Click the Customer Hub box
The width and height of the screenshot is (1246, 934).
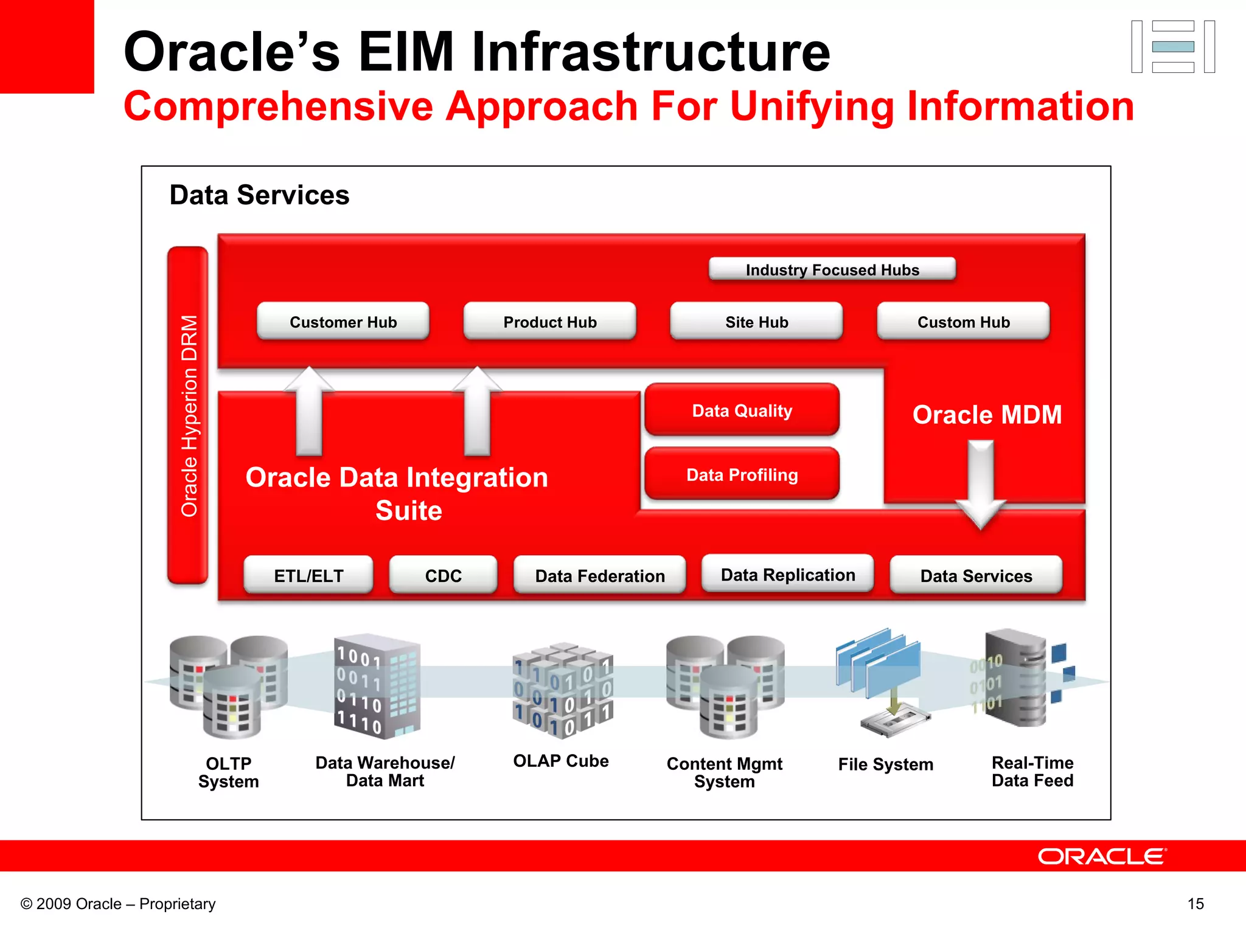343,321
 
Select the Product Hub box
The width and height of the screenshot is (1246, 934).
549,321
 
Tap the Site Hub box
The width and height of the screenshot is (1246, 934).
756,321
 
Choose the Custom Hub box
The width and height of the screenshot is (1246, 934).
963,321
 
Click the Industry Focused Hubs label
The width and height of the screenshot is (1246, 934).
832,269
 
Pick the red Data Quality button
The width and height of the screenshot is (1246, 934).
742,410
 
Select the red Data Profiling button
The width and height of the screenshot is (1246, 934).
742,474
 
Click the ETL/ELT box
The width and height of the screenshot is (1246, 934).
308,575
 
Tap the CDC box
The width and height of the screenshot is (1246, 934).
443,575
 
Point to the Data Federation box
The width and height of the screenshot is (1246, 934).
599,575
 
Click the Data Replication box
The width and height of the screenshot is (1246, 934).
787,573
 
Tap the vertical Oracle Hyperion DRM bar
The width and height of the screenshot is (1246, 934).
188,415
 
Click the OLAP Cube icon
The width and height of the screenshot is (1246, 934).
563,690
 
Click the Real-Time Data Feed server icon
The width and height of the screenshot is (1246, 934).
1016,678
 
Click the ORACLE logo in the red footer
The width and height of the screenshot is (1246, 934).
1101,856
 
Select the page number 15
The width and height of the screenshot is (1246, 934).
1195,904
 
